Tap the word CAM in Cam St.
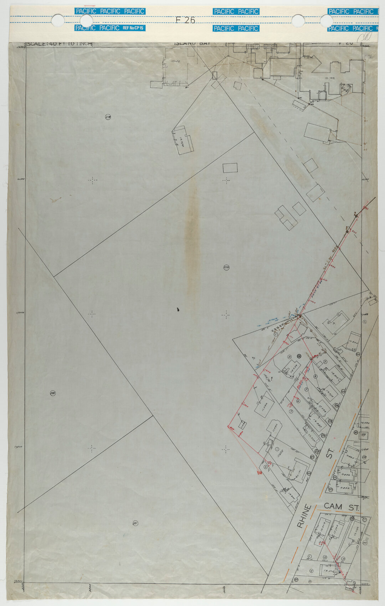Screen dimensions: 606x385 click(x=333, y=506)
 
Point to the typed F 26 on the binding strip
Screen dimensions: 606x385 click(x=185, y=20)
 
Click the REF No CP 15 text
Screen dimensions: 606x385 click(x=133, y=28)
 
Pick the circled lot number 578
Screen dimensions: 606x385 click(x=108, y=117)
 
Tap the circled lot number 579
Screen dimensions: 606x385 click(x=226, y=268)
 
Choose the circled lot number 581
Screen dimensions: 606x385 click(x=135, y=523)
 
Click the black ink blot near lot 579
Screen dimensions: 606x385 click(x=178, y=310)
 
